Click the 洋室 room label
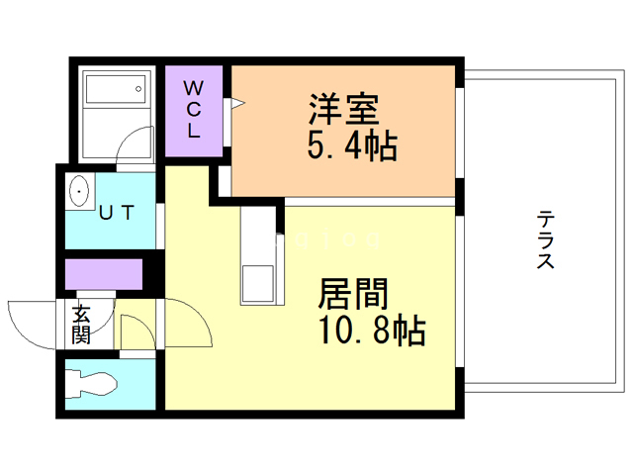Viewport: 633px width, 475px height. (344, 107)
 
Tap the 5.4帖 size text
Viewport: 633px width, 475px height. (352, 146)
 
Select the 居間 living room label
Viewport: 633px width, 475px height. (352, 294)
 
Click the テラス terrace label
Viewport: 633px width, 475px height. (545, 239)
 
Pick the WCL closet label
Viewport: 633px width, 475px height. (194, 109)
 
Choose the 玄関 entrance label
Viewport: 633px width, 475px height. (81, 325)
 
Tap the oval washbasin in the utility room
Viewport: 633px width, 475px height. (78, 190)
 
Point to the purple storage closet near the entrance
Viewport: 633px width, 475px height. (103, 273)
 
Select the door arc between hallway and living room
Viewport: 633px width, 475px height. (190, 322)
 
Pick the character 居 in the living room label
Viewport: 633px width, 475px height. (334, 294)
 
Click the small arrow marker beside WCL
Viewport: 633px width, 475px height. (236, 102)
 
